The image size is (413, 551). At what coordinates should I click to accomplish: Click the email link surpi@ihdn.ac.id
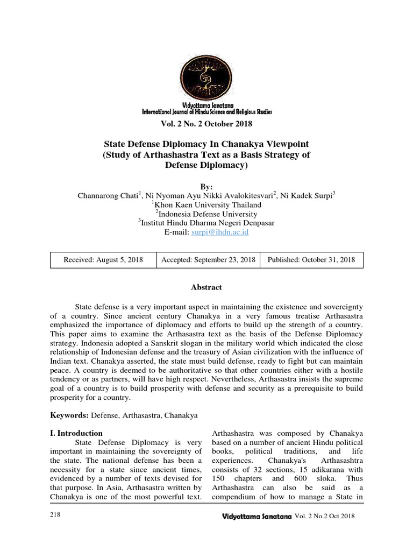coord(220,232)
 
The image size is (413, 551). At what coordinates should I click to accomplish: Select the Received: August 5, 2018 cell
coord(103,260)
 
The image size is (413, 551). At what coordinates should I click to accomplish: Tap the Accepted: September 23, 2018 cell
coord(208,260)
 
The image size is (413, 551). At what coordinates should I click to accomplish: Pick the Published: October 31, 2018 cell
coord(311,260)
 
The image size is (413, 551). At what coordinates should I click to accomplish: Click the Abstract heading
coord(206,287)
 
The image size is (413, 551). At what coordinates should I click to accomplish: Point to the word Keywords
coord(69,415)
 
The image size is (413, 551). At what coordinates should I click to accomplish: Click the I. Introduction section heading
coord(76,433)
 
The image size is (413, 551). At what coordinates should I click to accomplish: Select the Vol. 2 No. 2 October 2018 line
coord(206,124)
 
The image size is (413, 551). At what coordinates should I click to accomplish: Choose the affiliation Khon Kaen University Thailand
coord(208,204)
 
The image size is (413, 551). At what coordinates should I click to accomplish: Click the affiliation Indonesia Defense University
coord(208,214)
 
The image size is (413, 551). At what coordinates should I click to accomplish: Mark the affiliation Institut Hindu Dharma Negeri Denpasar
coord(208,223)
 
